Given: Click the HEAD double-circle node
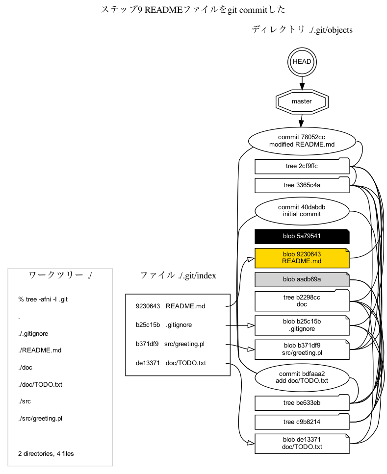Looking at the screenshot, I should pos(302,62).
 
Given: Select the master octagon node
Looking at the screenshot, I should pos(302,101).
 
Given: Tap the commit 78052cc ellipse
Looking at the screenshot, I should pos(302,141).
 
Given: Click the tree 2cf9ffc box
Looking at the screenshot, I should pos(302,166).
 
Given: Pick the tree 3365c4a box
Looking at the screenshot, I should pos(302,185).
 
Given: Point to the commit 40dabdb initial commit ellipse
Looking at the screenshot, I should pos(302,210).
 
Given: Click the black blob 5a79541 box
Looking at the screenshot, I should pos(302,236).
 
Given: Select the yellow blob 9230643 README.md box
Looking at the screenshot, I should pos(302,258).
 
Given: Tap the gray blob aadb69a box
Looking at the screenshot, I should pos(302,279).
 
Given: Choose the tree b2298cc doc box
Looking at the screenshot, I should pos(302,301).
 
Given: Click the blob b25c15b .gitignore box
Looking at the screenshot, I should pos(302,325).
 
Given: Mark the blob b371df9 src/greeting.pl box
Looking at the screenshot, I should pos(302,349).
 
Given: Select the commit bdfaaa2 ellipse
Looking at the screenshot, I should pos(302,377).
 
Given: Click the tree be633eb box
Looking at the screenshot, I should pos(302,403).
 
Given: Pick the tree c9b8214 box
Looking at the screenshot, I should pos(302,422).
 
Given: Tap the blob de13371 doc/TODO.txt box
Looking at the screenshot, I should pos(302,443).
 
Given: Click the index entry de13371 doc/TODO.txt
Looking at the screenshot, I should pos(171,363).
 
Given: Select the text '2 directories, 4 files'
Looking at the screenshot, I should pos(46,453).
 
